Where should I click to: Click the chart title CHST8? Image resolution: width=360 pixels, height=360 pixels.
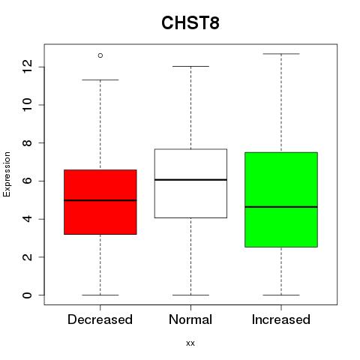point(190,22)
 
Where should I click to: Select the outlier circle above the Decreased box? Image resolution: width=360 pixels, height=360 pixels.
point(100,55)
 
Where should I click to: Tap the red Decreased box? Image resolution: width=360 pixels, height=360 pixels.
point(100,202)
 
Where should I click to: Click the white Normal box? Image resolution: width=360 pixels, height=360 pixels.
point(190,184)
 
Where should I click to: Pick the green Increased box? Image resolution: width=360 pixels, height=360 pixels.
point(281,199)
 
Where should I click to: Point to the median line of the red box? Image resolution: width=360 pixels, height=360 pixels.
point(100,200)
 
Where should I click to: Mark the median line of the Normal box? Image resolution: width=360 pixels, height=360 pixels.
point(190,180)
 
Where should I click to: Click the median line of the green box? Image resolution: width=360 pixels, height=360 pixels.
point(281,207)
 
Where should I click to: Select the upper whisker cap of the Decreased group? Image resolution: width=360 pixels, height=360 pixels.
point(100,80)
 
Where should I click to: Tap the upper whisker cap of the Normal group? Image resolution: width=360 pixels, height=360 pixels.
point(190,66)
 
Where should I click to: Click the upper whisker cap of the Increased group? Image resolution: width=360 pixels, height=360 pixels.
point(281,54)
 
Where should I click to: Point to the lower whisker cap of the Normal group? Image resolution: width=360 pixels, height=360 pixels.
point(190,295)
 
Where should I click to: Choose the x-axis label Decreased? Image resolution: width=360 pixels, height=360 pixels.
point(100,319)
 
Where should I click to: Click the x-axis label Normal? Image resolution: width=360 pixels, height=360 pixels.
point(190,319)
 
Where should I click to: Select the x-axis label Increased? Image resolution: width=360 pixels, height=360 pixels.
point(281,319)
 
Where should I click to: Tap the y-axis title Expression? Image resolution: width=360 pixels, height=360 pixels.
point(7,174)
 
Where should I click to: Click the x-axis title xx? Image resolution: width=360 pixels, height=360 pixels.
point(190,343)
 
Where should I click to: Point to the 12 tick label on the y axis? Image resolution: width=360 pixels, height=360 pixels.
point(27,67)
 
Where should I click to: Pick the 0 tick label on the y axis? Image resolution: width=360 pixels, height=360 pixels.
point(27,295)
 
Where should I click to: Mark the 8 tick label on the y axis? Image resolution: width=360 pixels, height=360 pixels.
point(27,142)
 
